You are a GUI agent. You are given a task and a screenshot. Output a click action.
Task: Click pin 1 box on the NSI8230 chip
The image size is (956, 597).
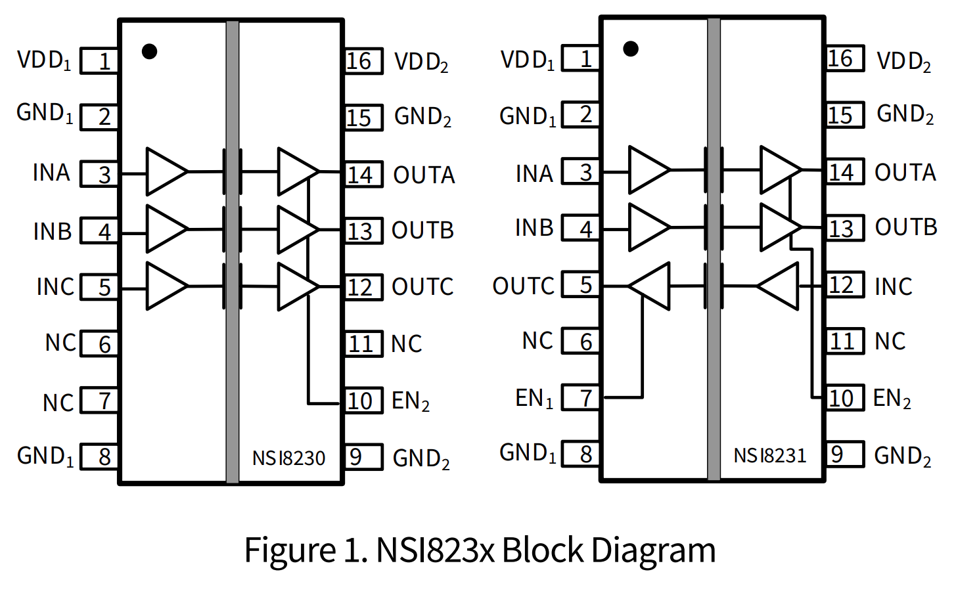[x=99, y=61]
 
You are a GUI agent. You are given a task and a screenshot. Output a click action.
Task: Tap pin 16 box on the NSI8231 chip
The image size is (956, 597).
[x=844, y=58]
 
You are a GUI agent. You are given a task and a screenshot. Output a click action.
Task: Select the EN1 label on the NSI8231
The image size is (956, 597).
[x=534, y=399]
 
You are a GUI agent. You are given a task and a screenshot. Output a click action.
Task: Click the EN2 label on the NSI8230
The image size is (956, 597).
[x=411, y=401]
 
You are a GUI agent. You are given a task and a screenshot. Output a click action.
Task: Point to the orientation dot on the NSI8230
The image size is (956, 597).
[x=150, y=51]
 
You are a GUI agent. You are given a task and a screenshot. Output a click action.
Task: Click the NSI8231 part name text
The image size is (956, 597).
[x=769, y=455]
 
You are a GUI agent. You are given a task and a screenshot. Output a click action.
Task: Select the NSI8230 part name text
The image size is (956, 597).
[x=288, y=458]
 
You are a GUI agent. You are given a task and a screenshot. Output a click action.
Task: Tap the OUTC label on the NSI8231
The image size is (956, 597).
[x=524, y=286]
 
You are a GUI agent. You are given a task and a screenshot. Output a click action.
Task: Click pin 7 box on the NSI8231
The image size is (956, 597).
[x=581, y=398]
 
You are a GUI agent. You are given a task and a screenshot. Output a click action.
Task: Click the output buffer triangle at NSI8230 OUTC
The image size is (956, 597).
[x=296, y=286]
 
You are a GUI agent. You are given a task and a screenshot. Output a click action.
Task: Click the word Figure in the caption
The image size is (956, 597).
[x=289, y=550]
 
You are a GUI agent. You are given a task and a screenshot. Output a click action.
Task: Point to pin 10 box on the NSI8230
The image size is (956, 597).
[x=363, y=401]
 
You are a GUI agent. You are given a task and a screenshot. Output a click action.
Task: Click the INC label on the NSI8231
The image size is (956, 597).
[x=893, y=286]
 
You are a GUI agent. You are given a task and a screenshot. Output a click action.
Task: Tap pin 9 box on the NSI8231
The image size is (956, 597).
[x=844, y=454]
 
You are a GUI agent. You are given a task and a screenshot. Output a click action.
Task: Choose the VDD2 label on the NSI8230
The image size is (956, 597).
[x=421, y=62]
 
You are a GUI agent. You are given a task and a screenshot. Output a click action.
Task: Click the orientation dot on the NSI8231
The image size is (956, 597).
[x=631, y=49]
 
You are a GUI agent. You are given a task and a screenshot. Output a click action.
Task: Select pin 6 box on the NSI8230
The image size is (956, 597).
[x=99, y=344]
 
